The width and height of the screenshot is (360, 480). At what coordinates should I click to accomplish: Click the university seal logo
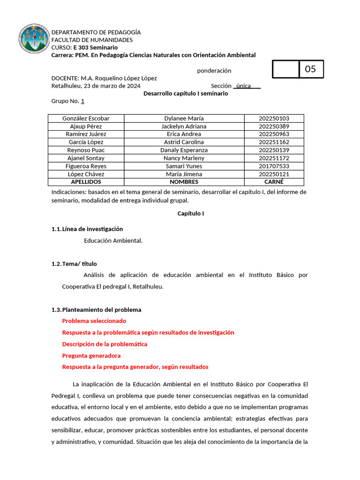pos(34,40)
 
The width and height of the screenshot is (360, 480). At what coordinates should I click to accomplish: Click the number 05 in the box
pos(310,69)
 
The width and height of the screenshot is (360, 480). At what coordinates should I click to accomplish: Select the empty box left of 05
pos(285,69)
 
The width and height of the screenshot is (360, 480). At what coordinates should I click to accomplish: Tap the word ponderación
pos(214,71)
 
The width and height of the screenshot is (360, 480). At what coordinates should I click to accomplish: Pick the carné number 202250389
pos(274,127)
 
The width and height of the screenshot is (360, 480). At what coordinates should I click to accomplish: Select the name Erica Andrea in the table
pos(184,135)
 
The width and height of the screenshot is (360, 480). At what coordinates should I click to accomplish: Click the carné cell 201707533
pos(274,166)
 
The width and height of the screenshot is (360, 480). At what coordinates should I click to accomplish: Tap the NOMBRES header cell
pos(184,182)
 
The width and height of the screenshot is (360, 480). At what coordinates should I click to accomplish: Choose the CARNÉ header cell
pos(274,182)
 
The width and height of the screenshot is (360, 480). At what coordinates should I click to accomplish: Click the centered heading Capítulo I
pos(190,214)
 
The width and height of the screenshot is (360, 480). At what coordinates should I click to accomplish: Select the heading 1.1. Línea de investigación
pos(87,229)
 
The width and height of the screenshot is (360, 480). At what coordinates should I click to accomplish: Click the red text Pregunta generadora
pos(91,356)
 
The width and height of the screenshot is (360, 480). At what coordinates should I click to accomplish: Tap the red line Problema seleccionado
pos(94,321)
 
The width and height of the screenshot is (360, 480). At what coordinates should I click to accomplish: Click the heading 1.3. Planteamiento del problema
pos(96,310)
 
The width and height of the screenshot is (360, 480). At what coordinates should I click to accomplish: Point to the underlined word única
pos(244,86)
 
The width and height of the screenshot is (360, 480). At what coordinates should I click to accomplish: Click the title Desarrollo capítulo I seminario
pos(186,93)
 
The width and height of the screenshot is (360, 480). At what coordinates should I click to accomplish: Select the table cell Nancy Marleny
pos(184,158)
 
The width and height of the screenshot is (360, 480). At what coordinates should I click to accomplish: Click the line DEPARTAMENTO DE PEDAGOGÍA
pos(96,32)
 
